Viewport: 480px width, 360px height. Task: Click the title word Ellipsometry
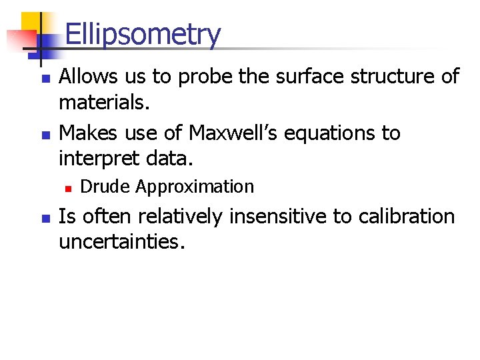pos(142,35)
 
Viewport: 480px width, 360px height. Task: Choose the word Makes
pos(88,133)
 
